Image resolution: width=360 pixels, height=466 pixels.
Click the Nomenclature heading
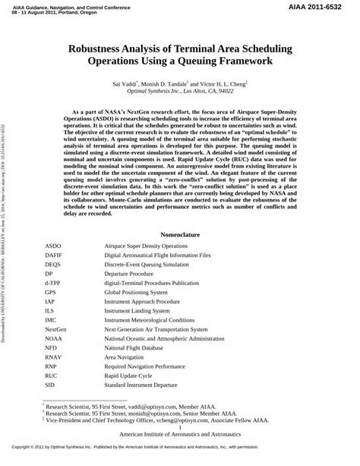[179, 214]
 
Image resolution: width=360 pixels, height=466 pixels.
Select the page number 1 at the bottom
[180, 449]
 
